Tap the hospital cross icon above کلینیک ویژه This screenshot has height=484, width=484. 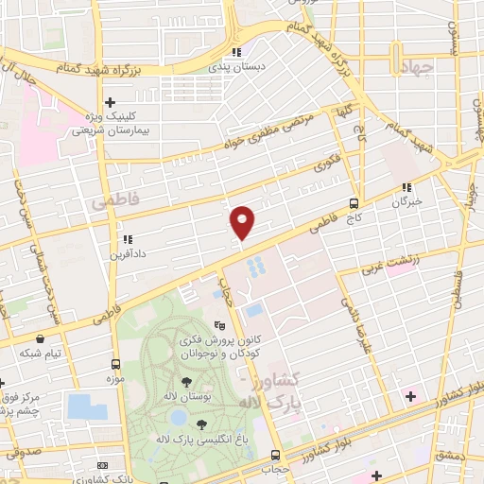point(111,102)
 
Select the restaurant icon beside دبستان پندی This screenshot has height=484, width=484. point(237,53)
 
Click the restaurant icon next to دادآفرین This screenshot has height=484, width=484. point(126,238)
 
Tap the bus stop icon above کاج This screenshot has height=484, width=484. point(354,202)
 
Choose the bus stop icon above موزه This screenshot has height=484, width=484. point(115,364)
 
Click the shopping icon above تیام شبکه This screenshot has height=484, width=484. point(39,337)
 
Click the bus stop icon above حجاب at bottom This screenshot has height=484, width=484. point(275,455)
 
